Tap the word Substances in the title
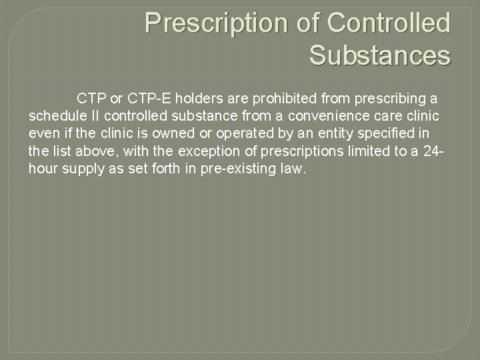[x=380, y=55]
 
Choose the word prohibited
[x=286, y=99]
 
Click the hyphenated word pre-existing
[x=231, y=169]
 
